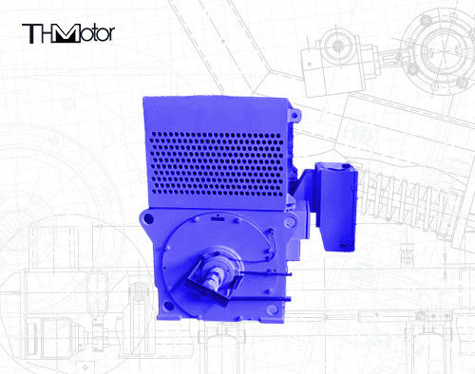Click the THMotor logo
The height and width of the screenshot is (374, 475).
[x=68, y=34]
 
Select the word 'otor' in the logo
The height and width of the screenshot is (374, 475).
[x=97, y=35]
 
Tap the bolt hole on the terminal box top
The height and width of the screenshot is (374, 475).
[x=339, y=168]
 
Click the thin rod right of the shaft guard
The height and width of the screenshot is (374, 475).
[x=261, y=284]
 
